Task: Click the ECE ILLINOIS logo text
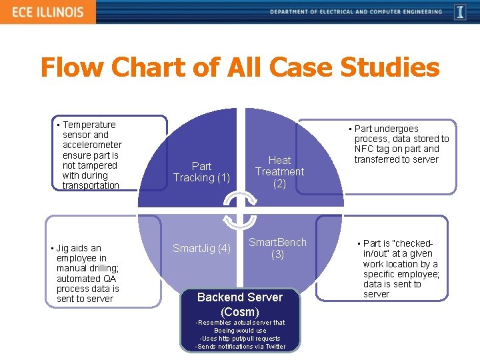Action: click(x=46, y=12)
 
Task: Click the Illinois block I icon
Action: click(x=460, y=12)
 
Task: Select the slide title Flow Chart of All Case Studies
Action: click(x=240, y=67)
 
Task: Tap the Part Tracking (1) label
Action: click(x=201, y=172)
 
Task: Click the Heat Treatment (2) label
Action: click(x=279, y=172)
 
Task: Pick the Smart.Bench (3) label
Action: click(x=277, y=248)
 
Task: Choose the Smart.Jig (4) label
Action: click(x=201, y=249)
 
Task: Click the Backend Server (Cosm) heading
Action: click(x=240, y=304)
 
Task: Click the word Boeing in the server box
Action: click(x=225, y=330)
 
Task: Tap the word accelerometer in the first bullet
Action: click(x=92, y=145)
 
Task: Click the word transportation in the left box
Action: click(x=91, y=185)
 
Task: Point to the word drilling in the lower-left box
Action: click(x=101, y=269)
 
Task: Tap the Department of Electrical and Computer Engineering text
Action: click(x=356, y=12)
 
